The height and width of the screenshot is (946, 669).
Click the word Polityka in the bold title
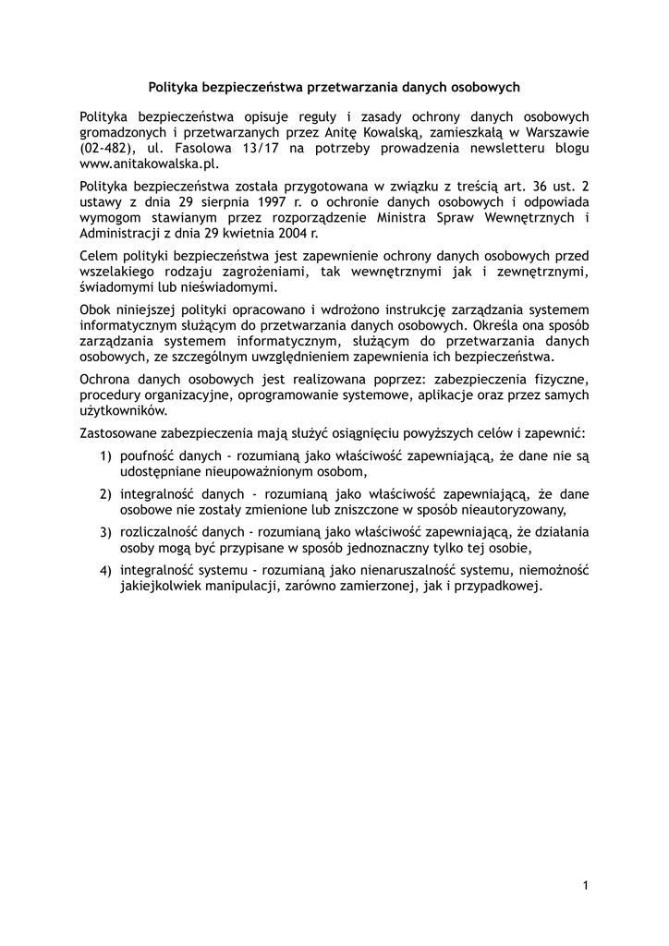[x=175, y=88]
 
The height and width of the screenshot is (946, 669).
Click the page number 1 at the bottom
[x=586, y=886]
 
